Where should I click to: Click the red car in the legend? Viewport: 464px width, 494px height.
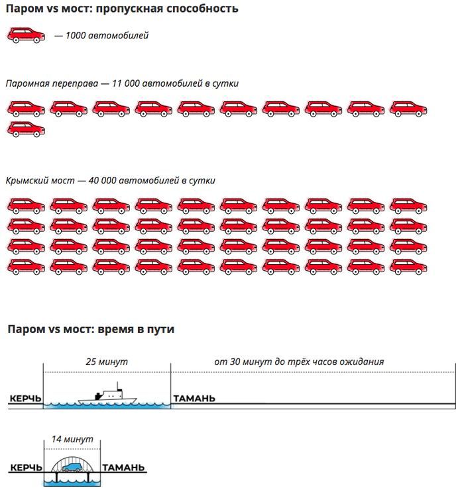[26, 35]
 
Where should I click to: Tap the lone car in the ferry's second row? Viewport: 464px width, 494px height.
[26, 129]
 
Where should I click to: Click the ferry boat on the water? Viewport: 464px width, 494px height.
[107, 395]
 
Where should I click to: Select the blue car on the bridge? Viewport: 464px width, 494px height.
[72, 468]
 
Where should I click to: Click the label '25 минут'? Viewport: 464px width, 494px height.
[107, 362]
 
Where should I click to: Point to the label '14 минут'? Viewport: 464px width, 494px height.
[72, 439]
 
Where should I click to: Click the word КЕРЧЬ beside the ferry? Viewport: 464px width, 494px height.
[25, 399]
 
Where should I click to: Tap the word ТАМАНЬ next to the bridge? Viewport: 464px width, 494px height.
[123, 468]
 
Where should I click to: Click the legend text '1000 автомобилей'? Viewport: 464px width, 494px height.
[107, 35]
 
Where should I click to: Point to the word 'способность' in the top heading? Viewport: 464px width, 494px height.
[202, 9]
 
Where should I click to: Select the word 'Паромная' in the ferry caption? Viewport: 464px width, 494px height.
[27, 83]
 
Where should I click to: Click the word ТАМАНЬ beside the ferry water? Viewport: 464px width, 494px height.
[194, 399]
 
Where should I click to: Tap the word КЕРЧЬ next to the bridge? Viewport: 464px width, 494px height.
[26, 468]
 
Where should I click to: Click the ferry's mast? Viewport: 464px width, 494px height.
[117, 386]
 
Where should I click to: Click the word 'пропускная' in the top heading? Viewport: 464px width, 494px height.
[129, 9]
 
